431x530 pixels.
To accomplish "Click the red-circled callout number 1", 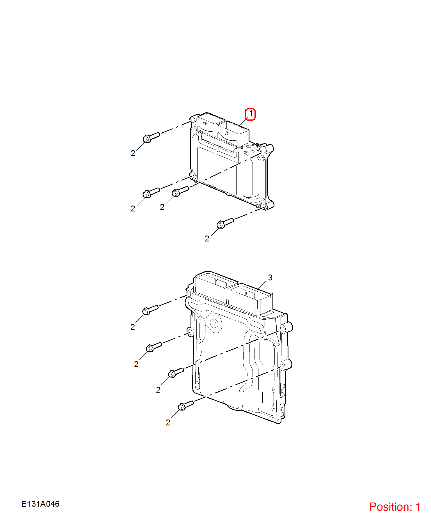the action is click(x=250, y=114).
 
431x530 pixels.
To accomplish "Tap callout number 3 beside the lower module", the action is click(x=270, y=278).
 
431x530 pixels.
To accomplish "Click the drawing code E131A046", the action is click(x=40, y=504).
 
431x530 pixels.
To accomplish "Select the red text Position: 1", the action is click(x=395, y=507).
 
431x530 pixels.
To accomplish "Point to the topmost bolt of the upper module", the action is click(x=151, y=137).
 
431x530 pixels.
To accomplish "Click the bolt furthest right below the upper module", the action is click(x=225, y=223).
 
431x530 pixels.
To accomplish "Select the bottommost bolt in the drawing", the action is click(x=186, y=405).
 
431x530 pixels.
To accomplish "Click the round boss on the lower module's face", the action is click(x=214, y=323).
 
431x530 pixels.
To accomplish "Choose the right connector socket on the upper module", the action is click(x=233, y=133).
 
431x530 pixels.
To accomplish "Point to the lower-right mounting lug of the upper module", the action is click(x=268, y=205).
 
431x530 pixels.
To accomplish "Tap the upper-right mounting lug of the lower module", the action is click(x=286, y=327).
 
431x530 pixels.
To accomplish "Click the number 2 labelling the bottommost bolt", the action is click(x=168, y=423).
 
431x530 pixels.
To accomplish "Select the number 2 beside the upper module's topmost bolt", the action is click(x=133, y=153).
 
